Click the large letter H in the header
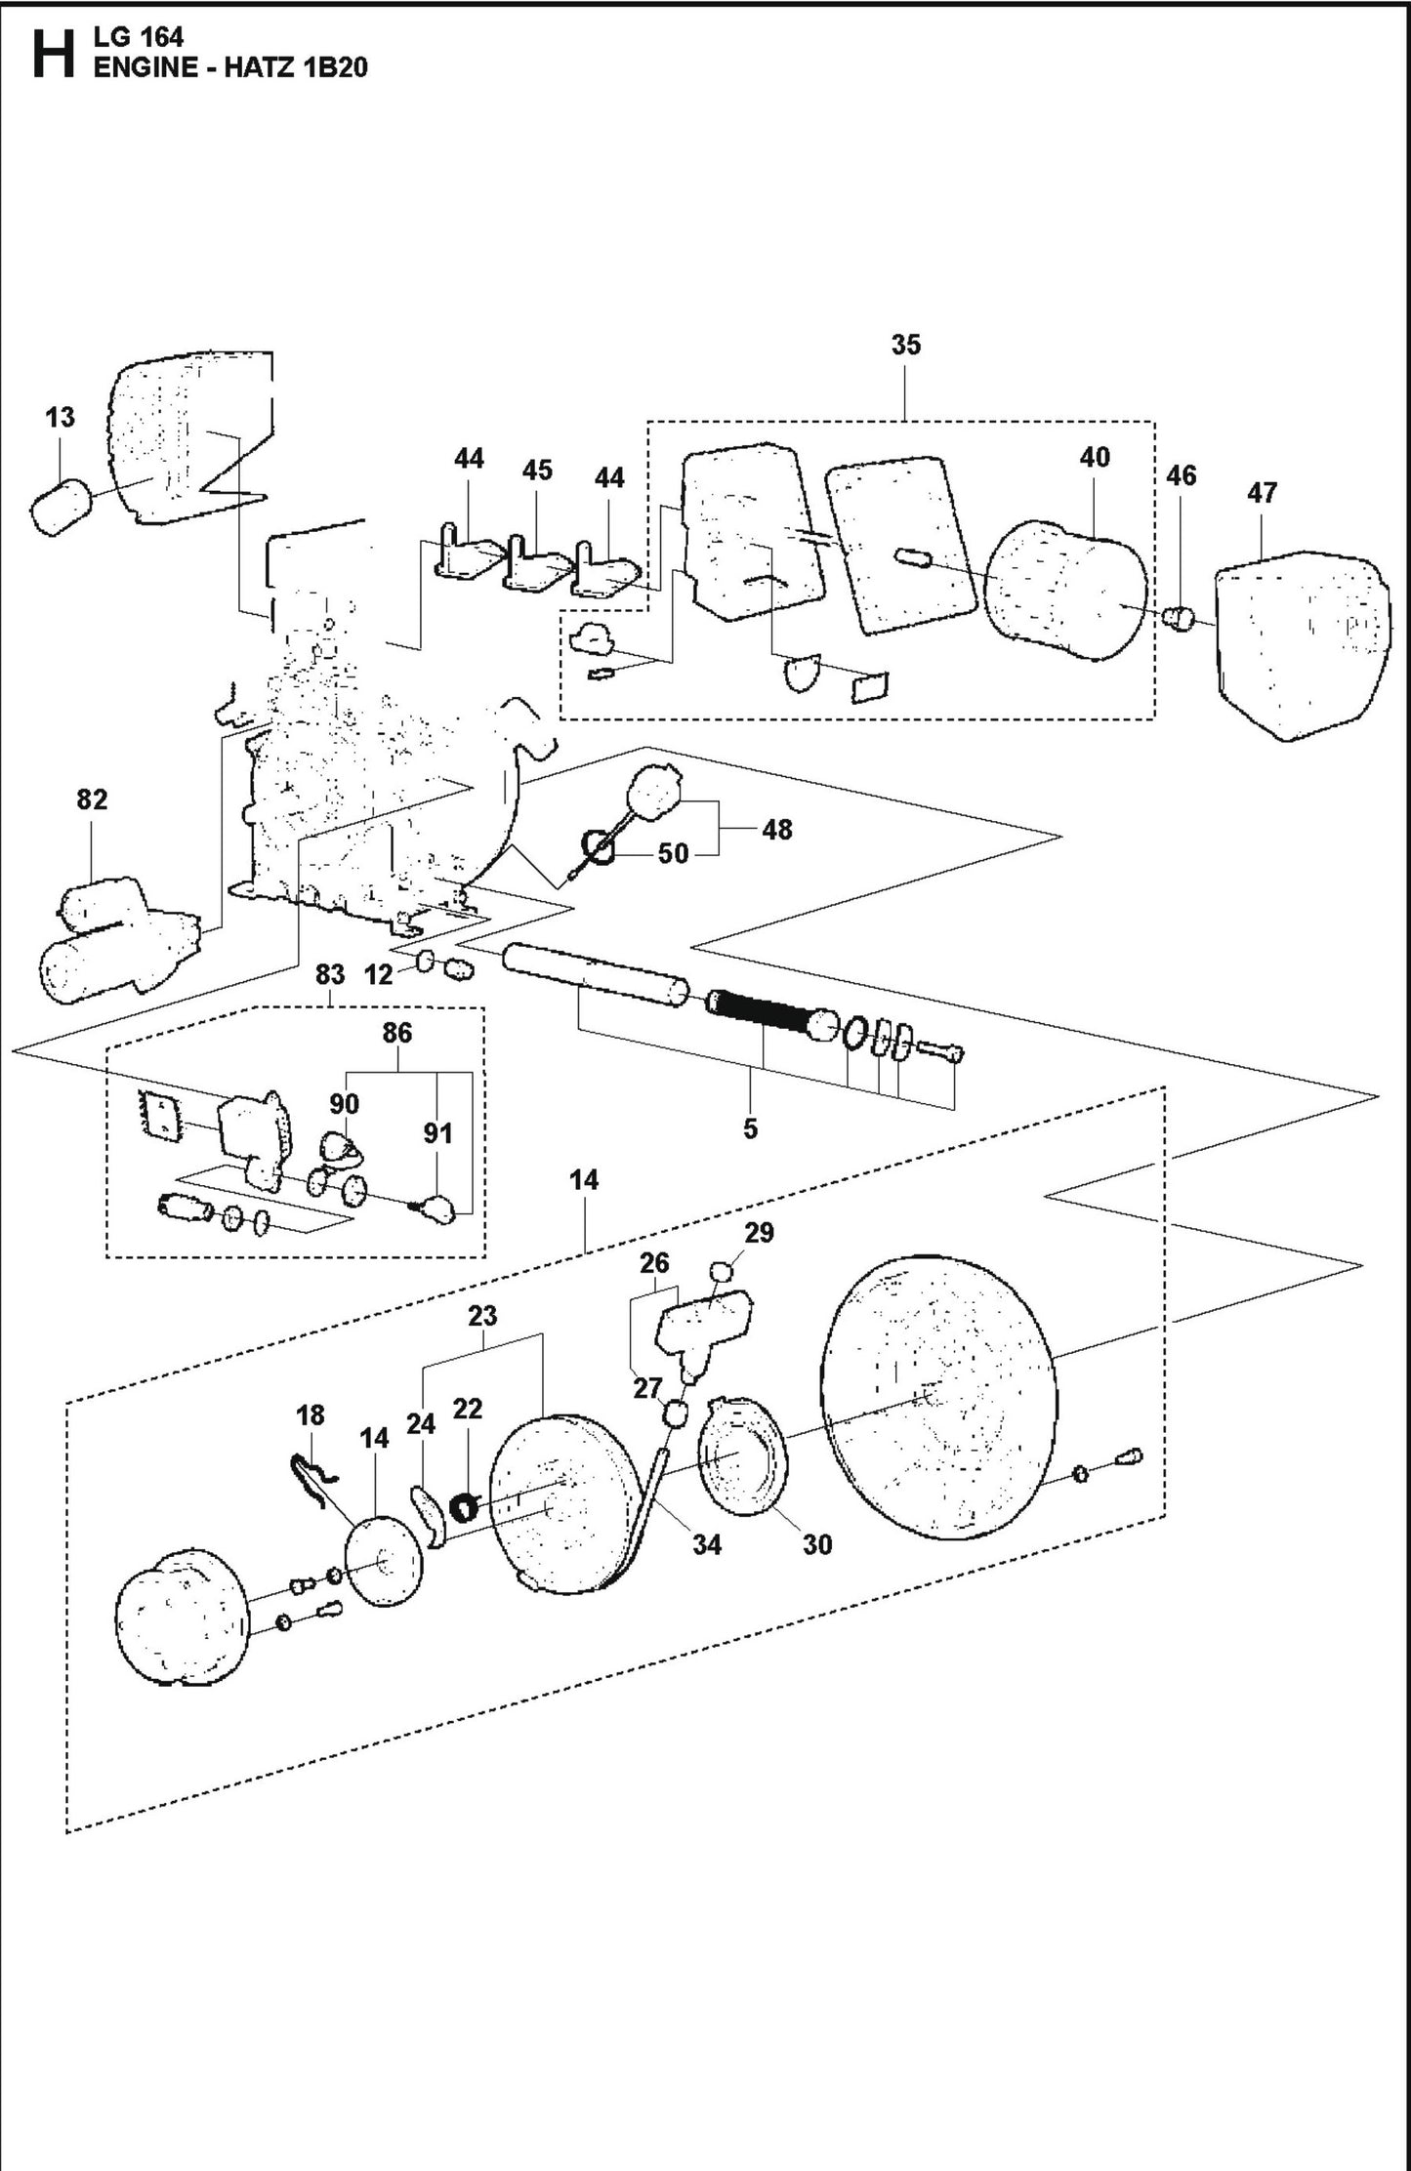pos(52,55)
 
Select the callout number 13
pos(60,418)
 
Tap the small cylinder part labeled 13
pos(62,506)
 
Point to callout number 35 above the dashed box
pos(905,345)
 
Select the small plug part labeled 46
pos(1182,617)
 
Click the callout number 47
pos(1262,493)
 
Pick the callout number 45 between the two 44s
pos(537,470)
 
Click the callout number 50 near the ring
pos(673,853)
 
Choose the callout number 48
pos(777,830)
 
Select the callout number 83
pos(330,974)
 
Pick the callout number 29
pos(759,1232)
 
